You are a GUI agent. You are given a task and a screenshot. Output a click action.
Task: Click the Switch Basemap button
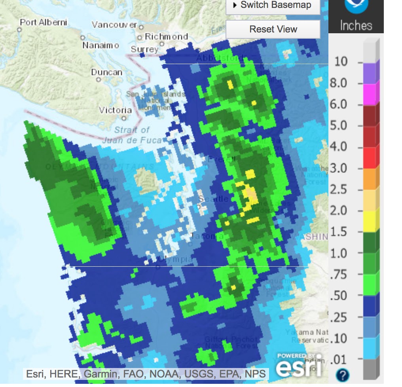[x=273, y=6]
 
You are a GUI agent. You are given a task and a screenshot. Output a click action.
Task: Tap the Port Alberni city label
[x=44, y=22]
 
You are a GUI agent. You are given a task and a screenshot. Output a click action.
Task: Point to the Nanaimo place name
[x=100, y=46]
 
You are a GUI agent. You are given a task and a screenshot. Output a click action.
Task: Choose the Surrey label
[x=144, y=49]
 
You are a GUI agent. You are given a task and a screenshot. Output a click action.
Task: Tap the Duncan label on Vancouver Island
[x=107, y=72]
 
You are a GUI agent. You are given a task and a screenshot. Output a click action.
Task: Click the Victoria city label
[x=115, y=110]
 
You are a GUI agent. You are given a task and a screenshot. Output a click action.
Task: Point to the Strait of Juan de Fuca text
[x=132, y=135]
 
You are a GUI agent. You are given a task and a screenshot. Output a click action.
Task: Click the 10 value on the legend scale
[x=341, y=62]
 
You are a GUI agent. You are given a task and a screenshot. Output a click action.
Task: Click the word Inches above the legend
[x=356, y=26]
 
